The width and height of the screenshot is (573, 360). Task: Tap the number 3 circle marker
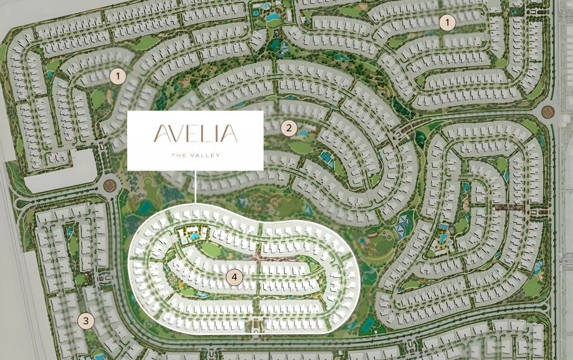pos(85,320)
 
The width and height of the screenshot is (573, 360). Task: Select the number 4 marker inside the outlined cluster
pos(234,277)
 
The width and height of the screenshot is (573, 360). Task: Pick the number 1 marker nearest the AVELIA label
pos(117,76)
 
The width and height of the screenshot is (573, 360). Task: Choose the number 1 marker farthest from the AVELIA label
pos(447,23)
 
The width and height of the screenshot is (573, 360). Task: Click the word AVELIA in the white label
pos(195,135)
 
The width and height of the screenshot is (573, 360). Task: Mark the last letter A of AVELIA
pos(229,135)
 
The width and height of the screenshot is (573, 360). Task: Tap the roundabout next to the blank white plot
pos(109,186)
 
